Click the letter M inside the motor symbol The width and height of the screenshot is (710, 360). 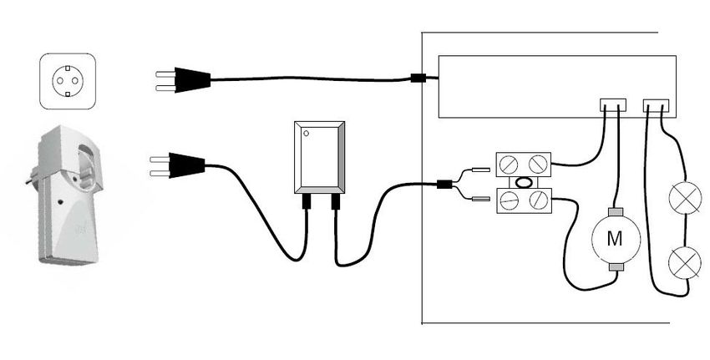pos(615,239)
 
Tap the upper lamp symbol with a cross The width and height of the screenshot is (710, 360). pos(685,198)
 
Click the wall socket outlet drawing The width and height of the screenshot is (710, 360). pos(68,82)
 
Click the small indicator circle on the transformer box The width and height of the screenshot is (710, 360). pos(306,133)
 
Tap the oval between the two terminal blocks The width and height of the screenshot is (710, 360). pos(524,182)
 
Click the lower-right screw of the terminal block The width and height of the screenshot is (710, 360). pos(538,200)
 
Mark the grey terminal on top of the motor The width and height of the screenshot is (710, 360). pos(616,212)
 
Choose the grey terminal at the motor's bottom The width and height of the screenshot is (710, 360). pos(616,267)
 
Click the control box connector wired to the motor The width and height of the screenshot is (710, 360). pos(613,105)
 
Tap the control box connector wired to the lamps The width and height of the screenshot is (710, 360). pos(656,105)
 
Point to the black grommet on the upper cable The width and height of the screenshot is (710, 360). pos(417,78)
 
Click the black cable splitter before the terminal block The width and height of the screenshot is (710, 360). pos(444,185)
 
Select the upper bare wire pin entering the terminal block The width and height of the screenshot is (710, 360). pos(480,170)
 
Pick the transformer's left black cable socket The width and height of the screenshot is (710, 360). pos(307,201)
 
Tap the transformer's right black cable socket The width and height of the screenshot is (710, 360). pos(336,201)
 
